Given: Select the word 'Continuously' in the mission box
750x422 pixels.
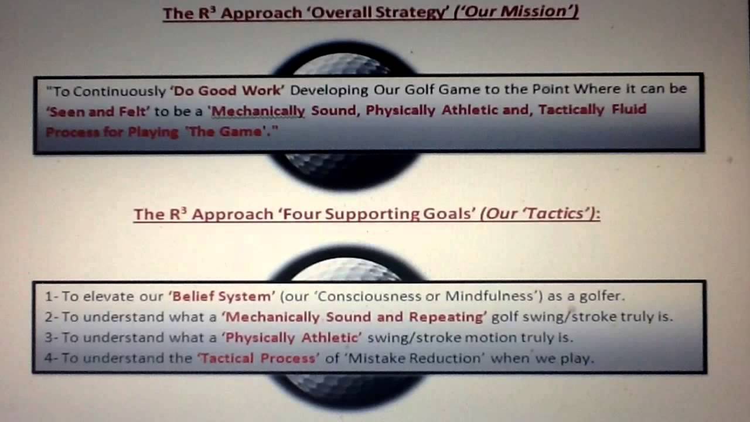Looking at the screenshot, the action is point(120,91).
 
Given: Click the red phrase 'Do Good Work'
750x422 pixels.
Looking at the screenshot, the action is point(229,91).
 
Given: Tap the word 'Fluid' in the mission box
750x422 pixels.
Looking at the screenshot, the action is point(629,110).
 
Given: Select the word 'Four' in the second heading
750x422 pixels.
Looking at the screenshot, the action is point(302,214).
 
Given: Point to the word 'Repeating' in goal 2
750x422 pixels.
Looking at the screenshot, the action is point(446,317).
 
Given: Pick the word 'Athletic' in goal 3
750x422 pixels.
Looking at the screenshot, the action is point(330,338).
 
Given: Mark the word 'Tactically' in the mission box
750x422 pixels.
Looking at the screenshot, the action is point(571,110).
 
